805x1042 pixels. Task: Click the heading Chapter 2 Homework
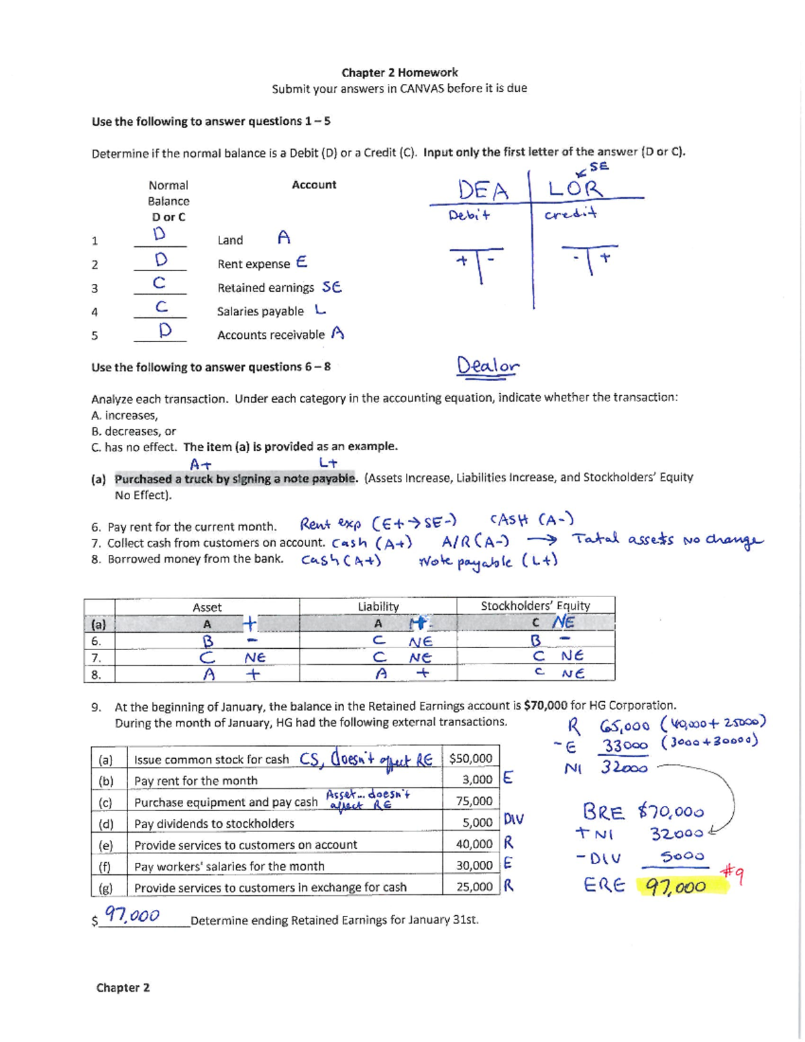pyautogui.click(x=399, y=72)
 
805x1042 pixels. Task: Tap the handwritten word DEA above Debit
pyautogui.click(x=483, y=190)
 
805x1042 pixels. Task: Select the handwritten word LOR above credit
pyautogui.click(x=576, y=188)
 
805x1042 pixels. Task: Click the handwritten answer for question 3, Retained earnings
pyautogui.click(x=159, y=283)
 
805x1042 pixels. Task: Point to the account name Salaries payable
pyautogui.click(x=260, y=311)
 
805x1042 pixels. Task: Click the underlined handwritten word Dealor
pyautogui.click(x=488, y=366)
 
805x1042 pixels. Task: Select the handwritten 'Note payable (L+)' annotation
pyautogui.click(x=487, y=562)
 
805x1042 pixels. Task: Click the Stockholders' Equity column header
pyautogui.click(x=535, y=606)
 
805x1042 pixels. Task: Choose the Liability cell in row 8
pyautogui.click(x=379, y=674)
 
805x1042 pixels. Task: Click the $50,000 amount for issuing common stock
pyautogui.click(x=470, y=759)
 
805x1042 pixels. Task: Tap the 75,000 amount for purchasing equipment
pyautogui.click(x=474, y=801)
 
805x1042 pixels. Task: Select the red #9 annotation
pyautogui.click(x=732, y=874)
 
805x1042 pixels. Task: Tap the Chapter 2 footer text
pyautogui.click(x=123, y=988)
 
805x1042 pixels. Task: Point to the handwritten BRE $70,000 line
pyautogui.click(x=643, y=813)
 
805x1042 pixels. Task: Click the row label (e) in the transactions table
pyautogui.click(x=105, y=845)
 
